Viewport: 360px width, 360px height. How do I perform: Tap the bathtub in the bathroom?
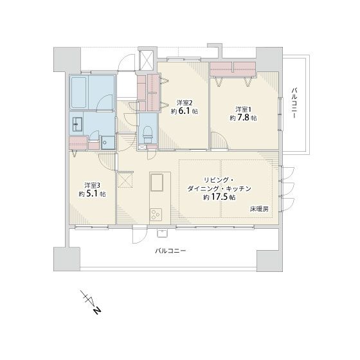tap(78, 93)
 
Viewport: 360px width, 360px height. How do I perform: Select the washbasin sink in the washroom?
tap(78, 124)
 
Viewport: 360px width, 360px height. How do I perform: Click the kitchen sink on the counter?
tap(157, 183)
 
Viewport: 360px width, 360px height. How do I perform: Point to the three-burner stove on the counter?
tap(156, 215)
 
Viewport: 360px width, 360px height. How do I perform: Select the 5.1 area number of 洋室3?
tap(92, 194)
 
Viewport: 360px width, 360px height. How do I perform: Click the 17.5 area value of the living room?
tap(219, 197)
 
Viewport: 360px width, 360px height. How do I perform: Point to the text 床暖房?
tap(259, 209)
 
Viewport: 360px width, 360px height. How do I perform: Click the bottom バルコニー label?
tap(170, 250)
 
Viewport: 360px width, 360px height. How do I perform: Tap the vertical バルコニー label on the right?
tap(294, 103)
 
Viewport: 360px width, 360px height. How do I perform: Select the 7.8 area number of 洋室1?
tap(244, 118)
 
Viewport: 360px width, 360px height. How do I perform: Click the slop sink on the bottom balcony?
tap(163, 233)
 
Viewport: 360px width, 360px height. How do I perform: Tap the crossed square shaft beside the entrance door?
tap(147, 60)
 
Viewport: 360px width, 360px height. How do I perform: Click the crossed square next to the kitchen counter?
tap(125, 180)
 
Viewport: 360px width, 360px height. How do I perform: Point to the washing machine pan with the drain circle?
tap(108, 142)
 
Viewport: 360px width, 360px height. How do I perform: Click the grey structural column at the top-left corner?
tap(67, 59)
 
